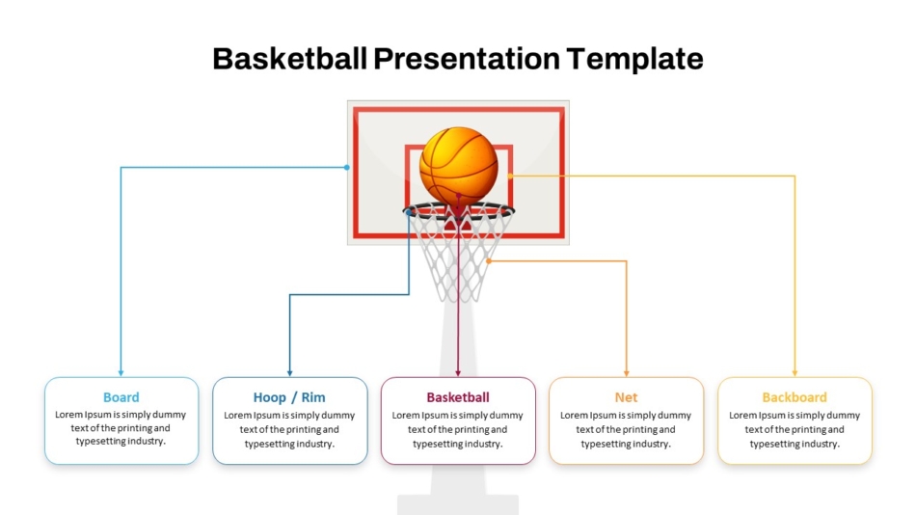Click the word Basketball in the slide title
pyautogui.click(x=290, y=59)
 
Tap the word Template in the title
pyautogui.click(x=634, y=60)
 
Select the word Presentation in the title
pyautogui.click(x=466, y=59)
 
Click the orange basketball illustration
pyautogui.click(x=459, y=167)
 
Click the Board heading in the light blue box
pyautogui.click(x=121, y=397)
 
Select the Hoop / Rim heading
pyautogui.click(x=289, y=397)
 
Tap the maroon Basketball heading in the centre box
pyautogui.click(x=458, y=397)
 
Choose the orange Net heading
pyautogui.click(x=626, y=397)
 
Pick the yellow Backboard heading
pyautogui.click(x=795, y=397)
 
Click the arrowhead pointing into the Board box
pyautogui.click(x=121, y=373)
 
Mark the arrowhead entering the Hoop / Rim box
pyautogui.click(x=290, y=373)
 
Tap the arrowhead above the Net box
pyautogui.click(x=626, y=373)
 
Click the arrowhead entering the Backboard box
pyautogui.click(x=795, y=373)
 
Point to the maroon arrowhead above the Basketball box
pyautogui.click(x=458, y=373)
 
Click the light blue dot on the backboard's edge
pyautogui.click(x=347, y=167)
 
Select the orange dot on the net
pyautogui.click(x=489, y=260)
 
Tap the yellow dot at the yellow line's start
pyautogui.click(x=510, y=176)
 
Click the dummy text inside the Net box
pyautogui.click(x=626, y=430)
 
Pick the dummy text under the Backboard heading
pyautogui.click(x=795, y=430)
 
